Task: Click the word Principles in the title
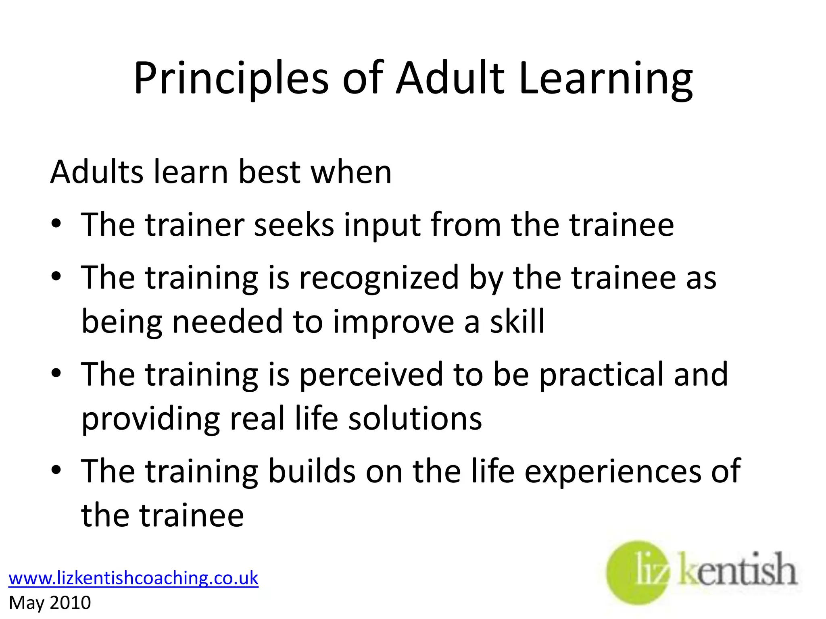(231, 79)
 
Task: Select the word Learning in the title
(606, 79)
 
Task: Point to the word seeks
(294, 225)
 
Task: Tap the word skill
(517, 322)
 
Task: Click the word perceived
(371, 375)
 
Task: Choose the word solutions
(415, 418)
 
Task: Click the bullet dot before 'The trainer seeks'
(56, 224)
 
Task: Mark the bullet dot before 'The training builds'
(56, 470)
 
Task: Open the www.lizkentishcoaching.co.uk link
(133, 578)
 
